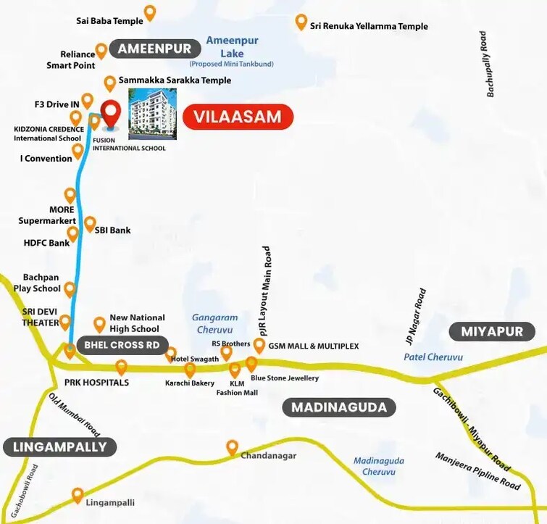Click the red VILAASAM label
pos(238,117)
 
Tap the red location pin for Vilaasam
pos(111,115)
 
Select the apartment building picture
pos(152,113)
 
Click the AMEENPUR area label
pos(154,49)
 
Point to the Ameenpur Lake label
pos(232,47)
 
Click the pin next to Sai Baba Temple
pos(150,12)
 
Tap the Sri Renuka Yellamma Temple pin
pos(301,22)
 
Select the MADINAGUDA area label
pos(339,407)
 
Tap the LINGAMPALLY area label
pos(59,447)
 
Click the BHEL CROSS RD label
pos(122,345)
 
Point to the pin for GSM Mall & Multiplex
pos(259,345)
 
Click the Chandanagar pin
pos(232,446)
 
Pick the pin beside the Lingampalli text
pos(78,495)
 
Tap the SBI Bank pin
pos(90,224)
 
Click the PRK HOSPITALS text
pos(96,382)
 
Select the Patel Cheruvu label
pos(433,357)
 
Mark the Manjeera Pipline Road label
pos(477,471)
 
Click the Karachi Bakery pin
pos(190,370)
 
